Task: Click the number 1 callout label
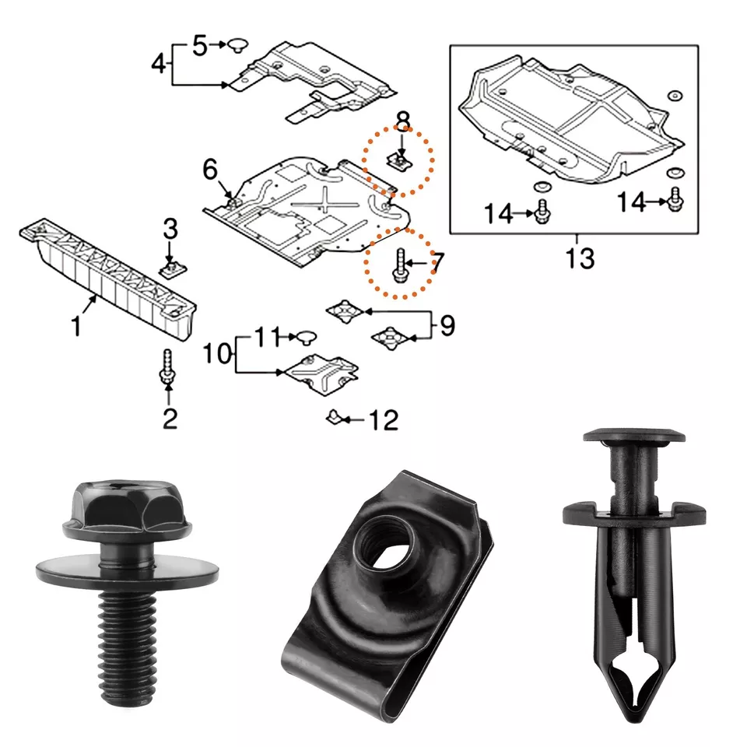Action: point(76,328)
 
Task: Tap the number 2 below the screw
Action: point(170,419)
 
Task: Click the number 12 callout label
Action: point(383,421)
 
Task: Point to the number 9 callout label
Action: point(447,325)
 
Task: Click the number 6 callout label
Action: point(210,168)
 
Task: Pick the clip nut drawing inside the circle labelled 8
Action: point(399,161)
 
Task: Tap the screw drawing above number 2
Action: point(167,367)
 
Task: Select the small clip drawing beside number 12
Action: point(333,419)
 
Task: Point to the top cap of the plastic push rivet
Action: point(634,436)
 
